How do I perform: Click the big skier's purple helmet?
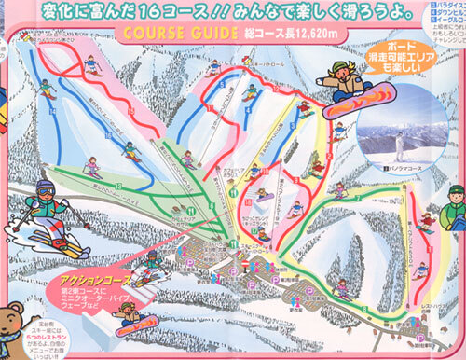click(x=45, y=190)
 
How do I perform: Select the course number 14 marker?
click(x=53, y=111)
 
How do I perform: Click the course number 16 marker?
click(x=110, y=139)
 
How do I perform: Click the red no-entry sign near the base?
click(x=245, y=268)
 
